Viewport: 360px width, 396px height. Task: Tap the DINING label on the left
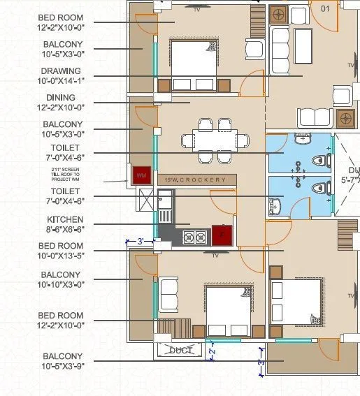60,97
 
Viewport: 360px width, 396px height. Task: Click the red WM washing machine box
141,174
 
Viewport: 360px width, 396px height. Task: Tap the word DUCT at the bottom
181,350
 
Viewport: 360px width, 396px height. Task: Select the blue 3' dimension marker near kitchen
140,242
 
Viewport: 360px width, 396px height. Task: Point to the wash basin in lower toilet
273,205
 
